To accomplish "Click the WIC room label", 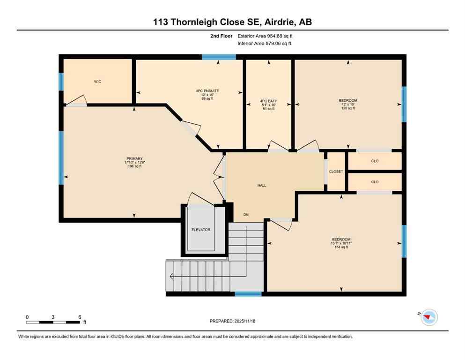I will click(97, 82).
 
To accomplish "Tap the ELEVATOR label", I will click(201, 230).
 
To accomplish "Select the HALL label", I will click(262, 185).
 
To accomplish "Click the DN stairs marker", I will click(246, 215).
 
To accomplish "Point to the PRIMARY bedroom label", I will click(133, 158).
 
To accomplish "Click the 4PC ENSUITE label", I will click(207, 91).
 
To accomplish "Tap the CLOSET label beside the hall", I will click(336, 172).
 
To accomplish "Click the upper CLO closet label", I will click(375, 161).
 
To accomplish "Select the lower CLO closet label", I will click(375, 182).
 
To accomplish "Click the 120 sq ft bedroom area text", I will click(348, 108).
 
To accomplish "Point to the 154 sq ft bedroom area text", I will click(340, 247).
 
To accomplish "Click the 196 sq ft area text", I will click(134, 166).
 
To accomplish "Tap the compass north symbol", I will click(428, 318).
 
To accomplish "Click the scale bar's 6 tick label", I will click(80, 317).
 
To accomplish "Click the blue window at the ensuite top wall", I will click(218, 57).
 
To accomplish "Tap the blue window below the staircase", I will click(248, 294).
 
